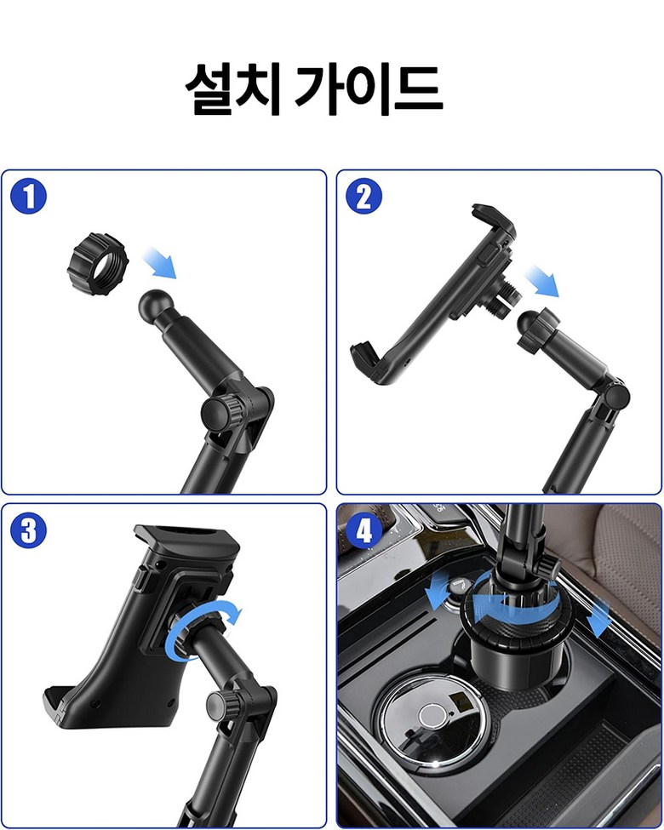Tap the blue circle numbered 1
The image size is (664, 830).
29,196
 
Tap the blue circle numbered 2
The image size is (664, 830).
363,196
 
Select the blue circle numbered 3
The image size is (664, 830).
29,530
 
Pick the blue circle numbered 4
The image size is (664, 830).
363,530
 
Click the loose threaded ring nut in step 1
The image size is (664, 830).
98,264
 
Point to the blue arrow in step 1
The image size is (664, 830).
159,262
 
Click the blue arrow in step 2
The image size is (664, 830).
541,281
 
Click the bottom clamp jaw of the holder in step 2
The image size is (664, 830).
366,359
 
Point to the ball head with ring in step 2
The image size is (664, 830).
537,329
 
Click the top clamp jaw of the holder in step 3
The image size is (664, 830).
186,539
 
